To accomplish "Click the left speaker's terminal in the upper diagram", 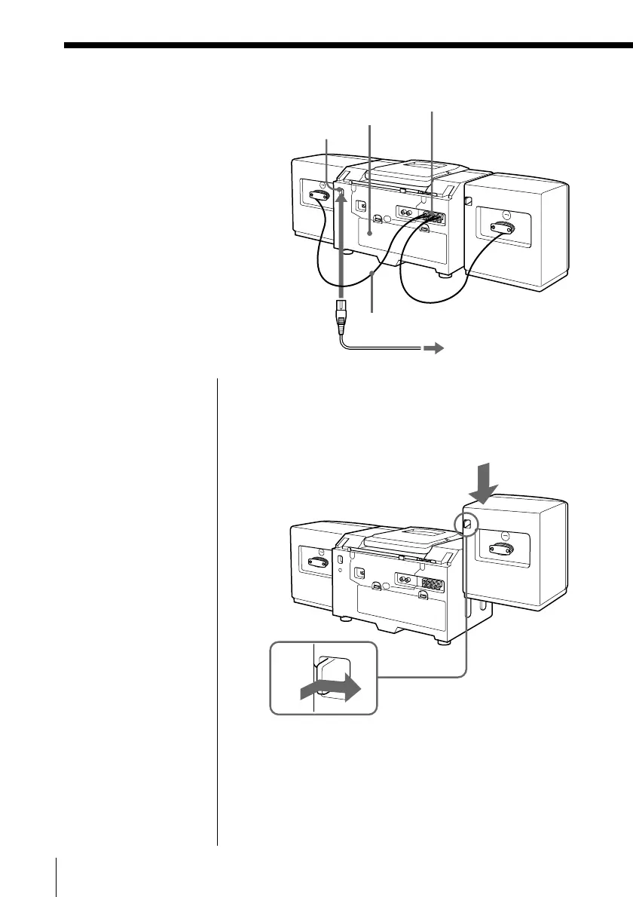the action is click(320, 194).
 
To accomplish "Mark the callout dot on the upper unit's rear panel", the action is click(369, 234).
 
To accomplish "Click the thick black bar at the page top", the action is click(347, 46).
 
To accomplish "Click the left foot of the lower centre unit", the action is click(345, 620).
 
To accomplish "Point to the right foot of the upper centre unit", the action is click(448, 274).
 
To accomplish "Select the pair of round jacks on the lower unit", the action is click(405, 581).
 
